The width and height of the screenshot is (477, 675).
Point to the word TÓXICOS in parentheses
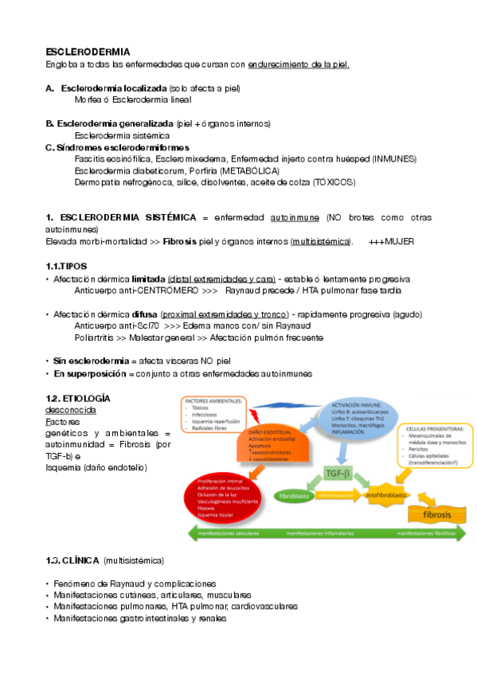334,182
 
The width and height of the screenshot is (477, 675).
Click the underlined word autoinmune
295,217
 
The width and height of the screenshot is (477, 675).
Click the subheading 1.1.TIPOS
67,266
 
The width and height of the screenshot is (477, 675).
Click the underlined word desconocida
71,410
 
